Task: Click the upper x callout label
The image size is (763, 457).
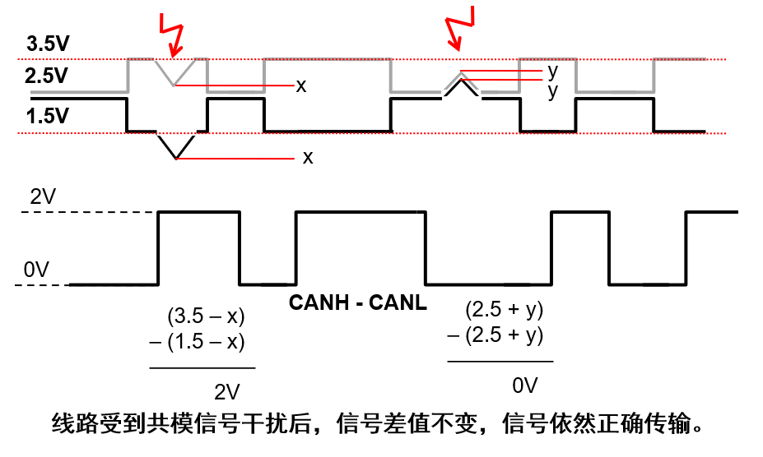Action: click(x=301, y=85)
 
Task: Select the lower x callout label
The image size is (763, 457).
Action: click(x=308, y=157)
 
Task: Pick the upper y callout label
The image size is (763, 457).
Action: click(x=552, y=71)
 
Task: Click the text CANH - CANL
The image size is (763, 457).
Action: click(x=358, y=302)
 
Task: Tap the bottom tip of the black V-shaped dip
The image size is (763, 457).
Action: click(x=176, y=159)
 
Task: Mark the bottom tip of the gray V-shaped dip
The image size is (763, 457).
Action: click(x=175, y=85)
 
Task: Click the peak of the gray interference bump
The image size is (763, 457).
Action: click(x=462, y=72)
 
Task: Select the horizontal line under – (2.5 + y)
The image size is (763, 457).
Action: click(x=500, y=361)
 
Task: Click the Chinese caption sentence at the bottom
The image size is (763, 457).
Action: click(x=380, y=426)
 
